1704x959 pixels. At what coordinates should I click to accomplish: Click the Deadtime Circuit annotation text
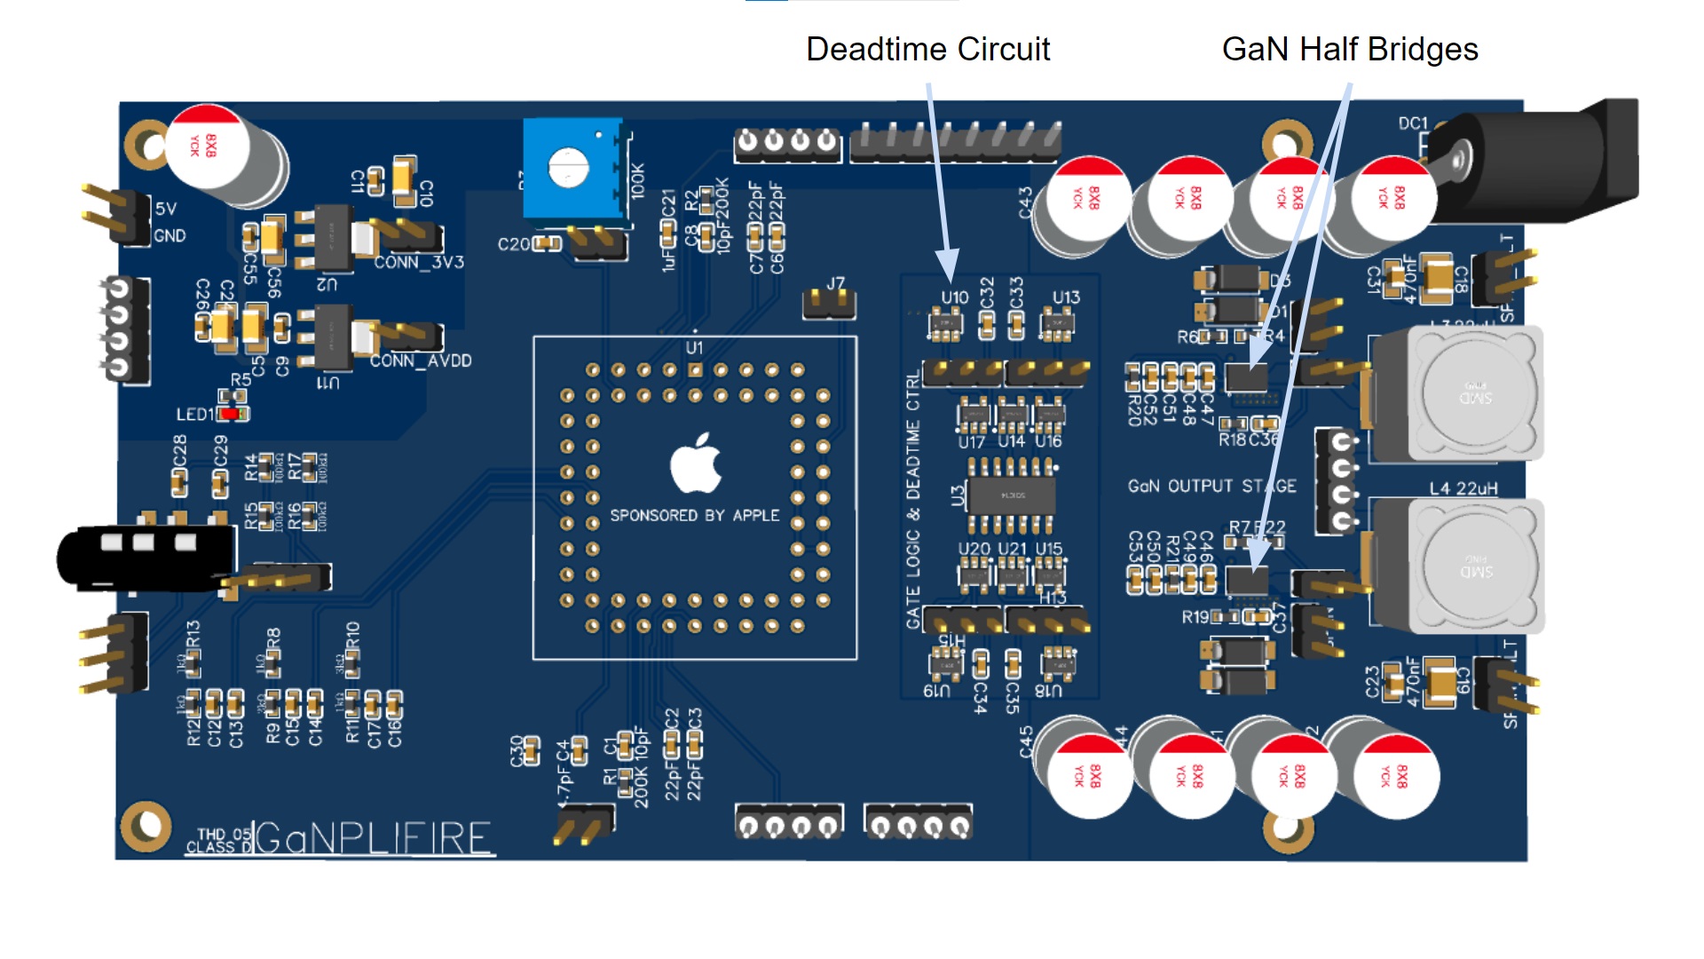tap(927, 50)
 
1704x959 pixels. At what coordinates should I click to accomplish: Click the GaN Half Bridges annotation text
tap(1349, 50)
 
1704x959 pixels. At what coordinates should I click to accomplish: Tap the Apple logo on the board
tap(695, 464)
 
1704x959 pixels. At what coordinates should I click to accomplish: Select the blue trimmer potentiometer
tap(572, 169)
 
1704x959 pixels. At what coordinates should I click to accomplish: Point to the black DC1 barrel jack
tap(1544, 160)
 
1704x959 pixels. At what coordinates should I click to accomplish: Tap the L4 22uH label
tap(1463, 488)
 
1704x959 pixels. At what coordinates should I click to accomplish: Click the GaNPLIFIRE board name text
tap(373, 837)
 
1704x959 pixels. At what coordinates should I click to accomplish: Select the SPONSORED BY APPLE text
tap(694, 516)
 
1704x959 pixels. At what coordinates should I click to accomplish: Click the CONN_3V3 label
tap(419, 263)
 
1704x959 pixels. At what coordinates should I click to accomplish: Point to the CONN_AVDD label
tap(421, 361)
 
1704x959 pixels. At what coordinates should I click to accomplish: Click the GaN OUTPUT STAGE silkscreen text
tap(1211, 487)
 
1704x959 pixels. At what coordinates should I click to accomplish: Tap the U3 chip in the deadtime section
tap(1011, 495)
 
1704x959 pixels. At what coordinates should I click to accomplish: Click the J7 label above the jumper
tap(836, 283)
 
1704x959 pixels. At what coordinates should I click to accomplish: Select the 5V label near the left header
tap(166, 209)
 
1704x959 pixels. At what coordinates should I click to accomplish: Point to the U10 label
tap(955, 297)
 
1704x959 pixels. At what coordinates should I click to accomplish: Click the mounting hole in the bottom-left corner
tap(146, 826)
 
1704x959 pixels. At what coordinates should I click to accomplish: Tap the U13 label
tap(1066, 297)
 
